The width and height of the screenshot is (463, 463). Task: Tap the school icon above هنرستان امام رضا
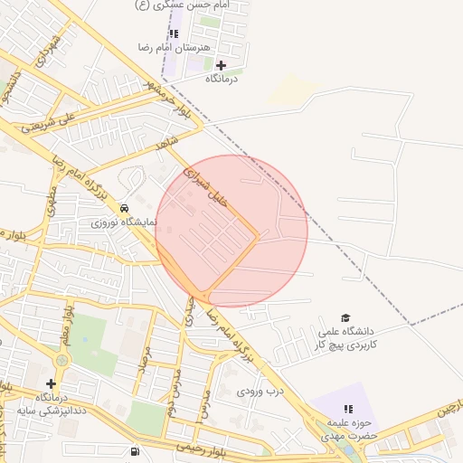point(174,33)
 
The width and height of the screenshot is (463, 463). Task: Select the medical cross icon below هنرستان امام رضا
point(221,65)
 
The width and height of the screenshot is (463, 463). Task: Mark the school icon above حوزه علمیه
point(347,410)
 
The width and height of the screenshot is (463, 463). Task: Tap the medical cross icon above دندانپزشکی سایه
point(51,383)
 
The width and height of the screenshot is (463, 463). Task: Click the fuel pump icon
point(136,451)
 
